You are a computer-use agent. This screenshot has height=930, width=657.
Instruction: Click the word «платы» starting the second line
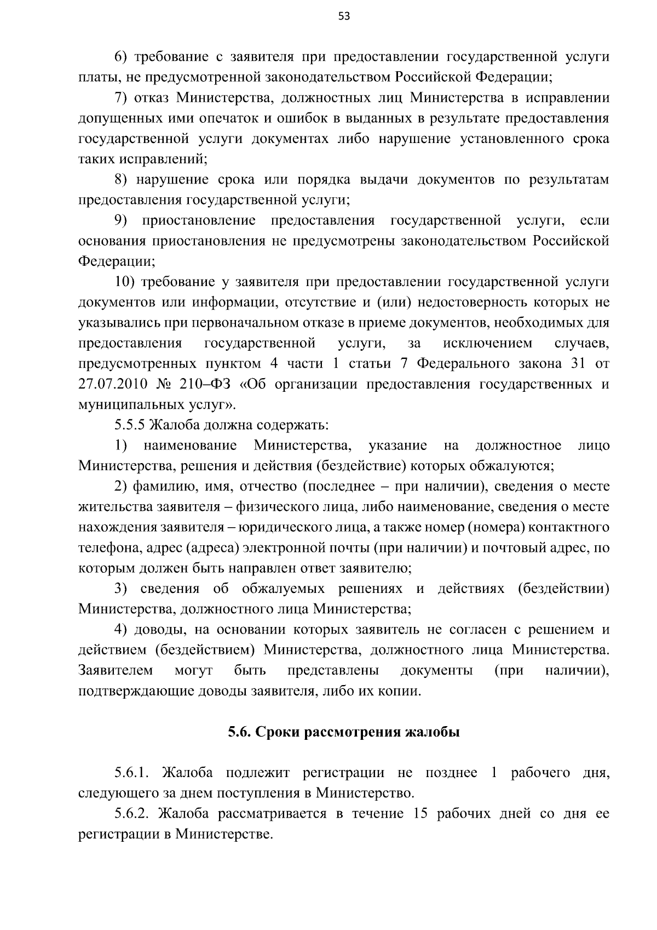click(x=96, y=77)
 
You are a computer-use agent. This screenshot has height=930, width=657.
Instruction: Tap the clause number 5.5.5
click(x=130, y=425)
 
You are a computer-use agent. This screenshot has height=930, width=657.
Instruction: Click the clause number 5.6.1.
click(x=132, y=773)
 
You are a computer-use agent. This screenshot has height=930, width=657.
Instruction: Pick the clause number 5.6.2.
click(x=132, y=814)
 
